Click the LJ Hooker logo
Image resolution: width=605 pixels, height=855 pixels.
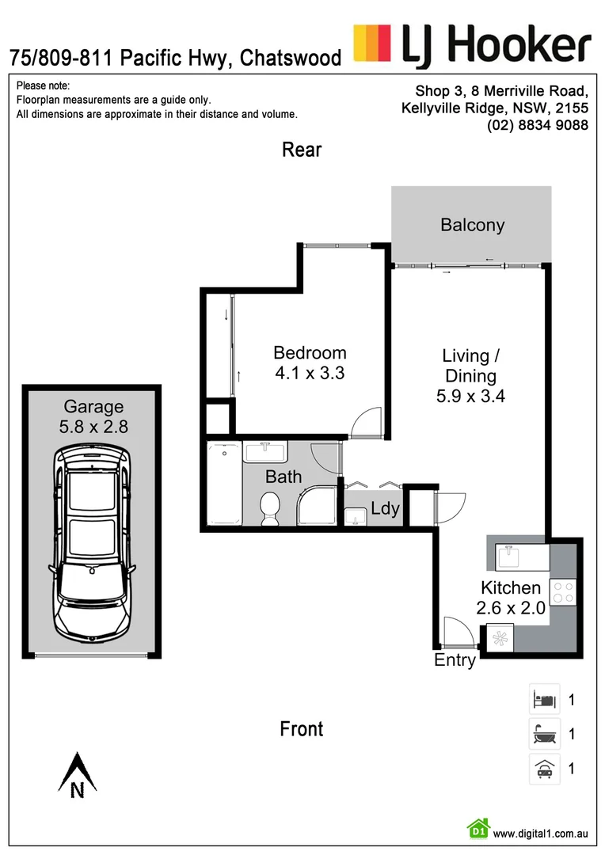(472, 44)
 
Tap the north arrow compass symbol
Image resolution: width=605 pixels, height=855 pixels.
(77, 774)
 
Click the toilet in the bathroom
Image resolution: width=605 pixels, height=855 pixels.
(270, 507)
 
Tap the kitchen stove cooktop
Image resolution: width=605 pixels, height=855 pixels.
(563, 592)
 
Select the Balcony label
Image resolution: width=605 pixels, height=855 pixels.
(472, 225)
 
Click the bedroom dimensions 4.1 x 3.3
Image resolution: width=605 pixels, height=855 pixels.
(309, 372)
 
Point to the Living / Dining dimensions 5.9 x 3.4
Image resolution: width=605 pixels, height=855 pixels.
(470, 396)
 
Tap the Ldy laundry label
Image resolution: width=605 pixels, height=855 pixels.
(385, 508)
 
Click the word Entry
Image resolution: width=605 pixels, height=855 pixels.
(455, 660)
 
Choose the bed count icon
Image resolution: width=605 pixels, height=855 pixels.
(544, 699)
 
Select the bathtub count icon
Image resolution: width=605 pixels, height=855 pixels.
(544, 734)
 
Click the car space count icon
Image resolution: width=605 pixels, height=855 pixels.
(544, 768)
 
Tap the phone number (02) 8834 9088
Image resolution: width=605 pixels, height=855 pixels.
(538, 125)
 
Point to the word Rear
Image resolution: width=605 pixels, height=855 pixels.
(302, 150)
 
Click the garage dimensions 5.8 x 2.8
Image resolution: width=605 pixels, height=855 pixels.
(93, 426)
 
